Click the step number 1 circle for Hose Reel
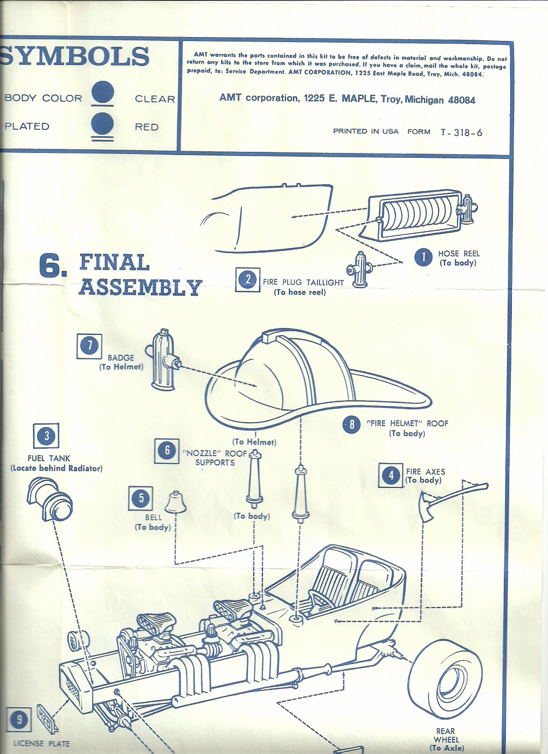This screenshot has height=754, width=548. pyautogui.click(x=424, y=257)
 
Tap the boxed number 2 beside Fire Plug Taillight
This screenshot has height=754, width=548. pyautogui.click(x=248, y=280)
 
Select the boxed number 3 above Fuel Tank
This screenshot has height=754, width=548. pyautogui.click(x=46, y=436)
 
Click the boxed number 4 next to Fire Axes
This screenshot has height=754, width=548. pyautogui.click(x=391, y=475)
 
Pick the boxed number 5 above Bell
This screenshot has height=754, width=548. pyautogui.click(x=141, y=498)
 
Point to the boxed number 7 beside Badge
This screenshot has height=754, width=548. pyautogui.click(x=89, y=345)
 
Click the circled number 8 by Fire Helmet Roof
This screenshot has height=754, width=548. pyautogui.click(x=351, y=424)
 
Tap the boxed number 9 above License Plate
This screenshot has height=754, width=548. pyautogui.click(x=19, y=720)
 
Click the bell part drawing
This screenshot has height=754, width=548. pyautogui.click(x=175, y=502)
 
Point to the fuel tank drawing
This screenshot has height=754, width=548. pyautogui.click(x=50, y=500)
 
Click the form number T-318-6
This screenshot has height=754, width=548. pyautogui.click(x=461, y=132)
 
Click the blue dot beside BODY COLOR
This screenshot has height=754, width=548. pyautogui.click(x=102, y=92)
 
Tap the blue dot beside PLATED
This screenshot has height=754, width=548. pyautogui.click(x=102, y=124)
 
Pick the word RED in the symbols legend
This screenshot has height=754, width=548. pyautogui.click(x=147, y=127)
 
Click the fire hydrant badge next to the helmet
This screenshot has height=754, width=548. pyautogui.click(x=163, y=360)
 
